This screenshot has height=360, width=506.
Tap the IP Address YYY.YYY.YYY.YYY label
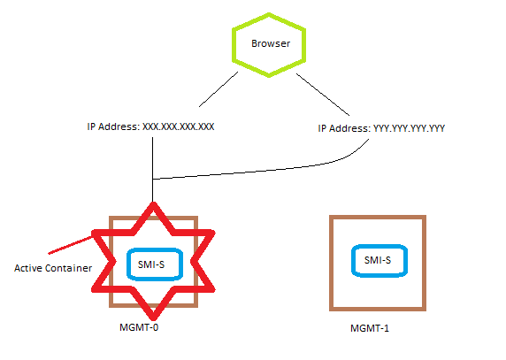pyautogui.click(x=381, y=128)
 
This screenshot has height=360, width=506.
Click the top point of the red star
pyautogui.click(x=155, y=205)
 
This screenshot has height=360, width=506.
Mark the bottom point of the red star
pyautogui.click(x=155, y=316)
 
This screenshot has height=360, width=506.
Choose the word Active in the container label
pyautogui.click(x=28, y=267)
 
